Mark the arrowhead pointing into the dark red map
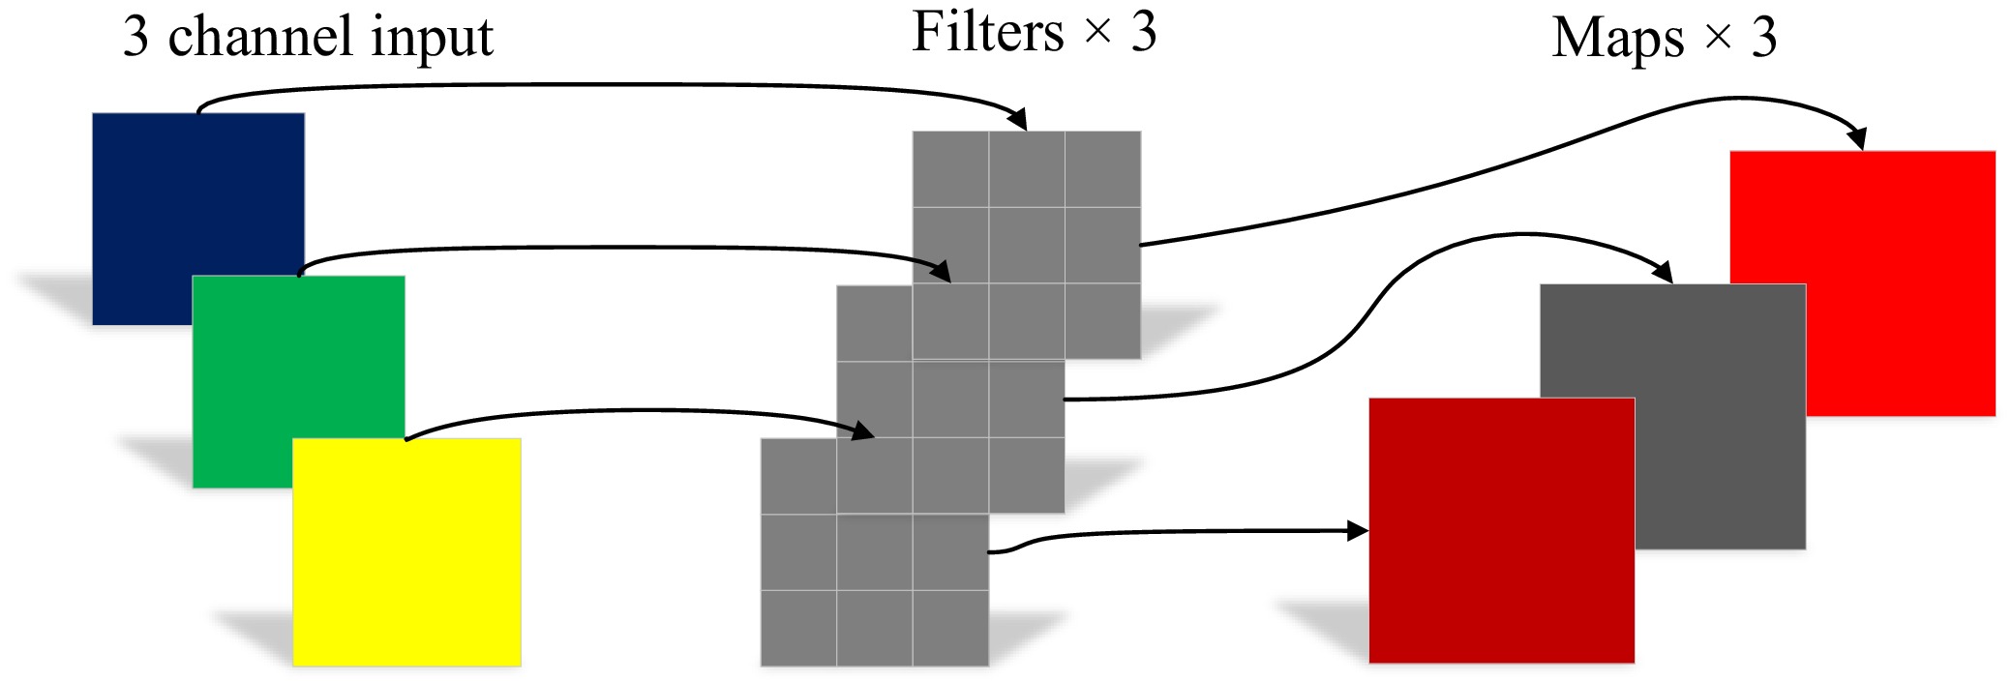coord(1359,530)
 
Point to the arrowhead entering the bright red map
coord(1856,140)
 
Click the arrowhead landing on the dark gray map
coord(1664,273)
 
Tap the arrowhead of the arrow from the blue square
coord(1018,121)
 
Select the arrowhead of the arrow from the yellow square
coord(864,430)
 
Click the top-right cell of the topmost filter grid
coord(1102,169)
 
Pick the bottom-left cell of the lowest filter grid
coord(798,628)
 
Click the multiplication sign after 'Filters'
coord(1097,32)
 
